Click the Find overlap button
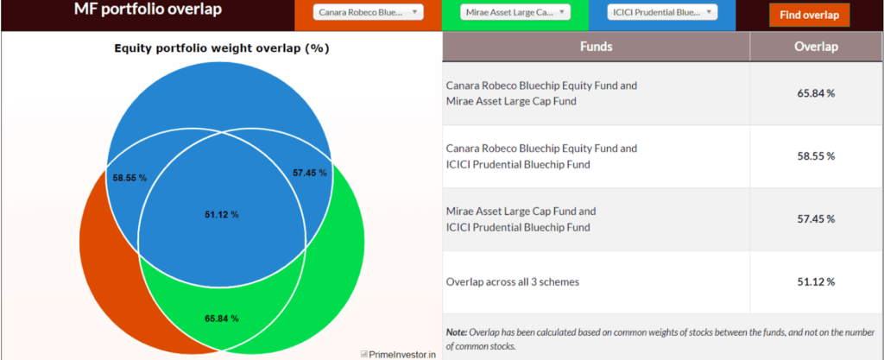809,15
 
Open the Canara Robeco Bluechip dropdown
368,13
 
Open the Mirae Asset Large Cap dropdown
516,13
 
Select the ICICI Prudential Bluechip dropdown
662,13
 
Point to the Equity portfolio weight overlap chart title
222,48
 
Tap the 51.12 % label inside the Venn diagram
221,214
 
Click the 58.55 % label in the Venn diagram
129,178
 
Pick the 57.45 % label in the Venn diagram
310,173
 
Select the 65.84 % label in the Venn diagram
221,319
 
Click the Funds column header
597,47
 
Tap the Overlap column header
816,47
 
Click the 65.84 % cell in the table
816,93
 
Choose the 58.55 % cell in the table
816,156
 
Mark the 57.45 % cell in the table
816,219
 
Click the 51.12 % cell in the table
816,281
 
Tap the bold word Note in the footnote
457,332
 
